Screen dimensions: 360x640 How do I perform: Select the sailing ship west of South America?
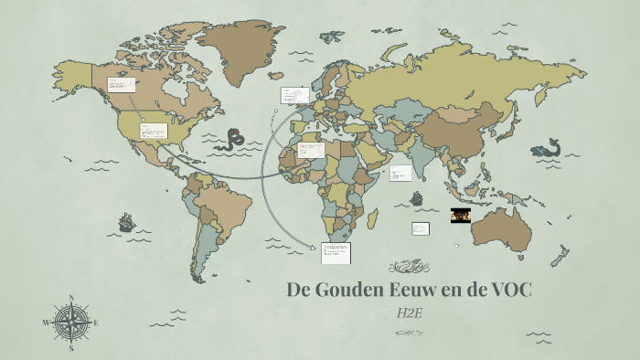[x=126, y=222]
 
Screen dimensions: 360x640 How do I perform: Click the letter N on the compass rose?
[x=71, y=298]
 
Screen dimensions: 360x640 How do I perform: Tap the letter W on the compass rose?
[x=46, y=323]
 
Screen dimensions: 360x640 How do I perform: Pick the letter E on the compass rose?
[x=96, y=323]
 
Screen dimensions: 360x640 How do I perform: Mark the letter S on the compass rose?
[x=71, y=347]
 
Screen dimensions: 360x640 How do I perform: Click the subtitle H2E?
[x=410, y=314]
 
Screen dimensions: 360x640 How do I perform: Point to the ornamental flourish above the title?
[x=409, y=267]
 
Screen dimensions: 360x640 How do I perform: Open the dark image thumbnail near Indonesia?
[x=462, y=216]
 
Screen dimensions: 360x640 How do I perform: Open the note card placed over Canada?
[x=122, y=84]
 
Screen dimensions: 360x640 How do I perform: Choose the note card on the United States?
[x=153, y=131]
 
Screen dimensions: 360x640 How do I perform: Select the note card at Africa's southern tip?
[x=336, y=252]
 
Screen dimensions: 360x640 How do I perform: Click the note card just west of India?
[x=400, y=173]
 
